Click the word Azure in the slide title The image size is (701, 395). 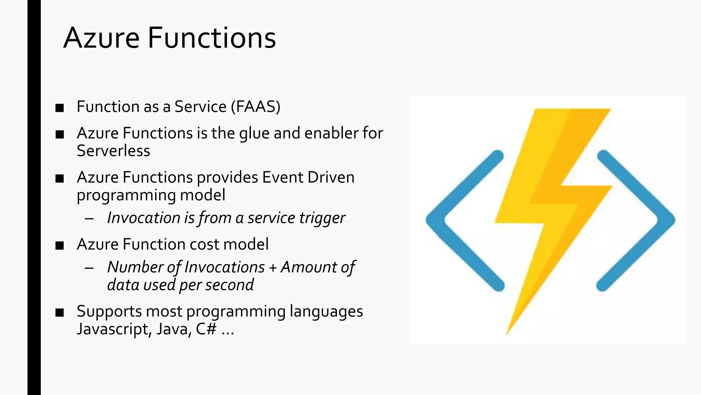pos(102,38)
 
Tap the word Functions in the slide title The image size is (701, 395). pos(212,38)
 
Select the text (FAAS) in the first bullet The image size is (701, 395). pos(256,107)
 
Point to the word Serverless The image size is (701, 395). pos(113,151)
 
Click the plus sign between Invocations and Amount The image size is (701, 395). pos(273,267)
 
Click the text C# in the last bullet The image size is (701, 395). pos(206,329)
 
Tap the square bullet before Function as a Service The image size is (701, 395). pos(60,108)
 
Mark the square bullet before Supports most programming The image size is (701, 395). pos(60,312)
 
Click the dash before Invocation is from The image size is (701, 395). pos(89,219)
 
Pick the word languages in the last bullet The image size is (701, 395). pos(326,312)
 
